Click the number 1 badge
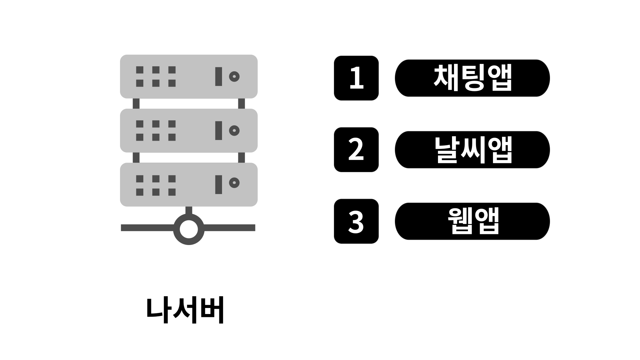356,78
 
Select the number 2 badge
356,150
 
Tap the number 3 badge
356,221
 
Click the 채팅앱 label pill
472,78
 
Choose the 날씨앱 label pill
472,150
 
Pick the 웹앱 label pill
472,221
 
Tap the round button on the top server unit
234,77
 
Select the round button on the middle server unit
234,130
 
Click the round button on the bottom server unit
234,183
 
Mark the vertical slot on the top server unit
219,76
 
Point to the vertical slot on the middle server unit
219,130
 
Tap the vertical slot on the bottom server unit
219,184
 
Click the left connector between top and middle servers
136,103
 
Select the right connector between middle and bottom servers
242,157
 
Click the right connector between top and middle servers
242,103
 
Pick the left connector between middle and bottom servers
136,157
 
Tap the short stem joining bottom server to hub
189,210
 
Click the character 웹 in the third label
460,221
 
